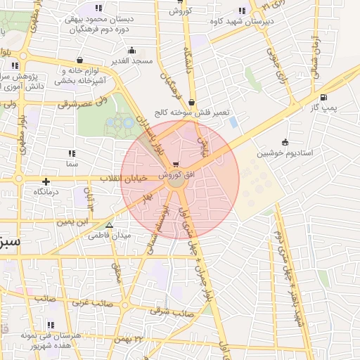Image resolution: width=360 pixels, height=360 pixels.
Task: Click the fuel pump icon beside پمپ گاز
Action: [323, 98]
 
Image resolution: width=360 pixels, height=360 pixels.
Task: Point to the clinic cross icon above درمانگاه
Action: [46, 181]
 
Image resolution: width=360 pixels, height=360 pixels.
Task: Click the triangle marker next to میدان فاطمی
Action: [108, 226]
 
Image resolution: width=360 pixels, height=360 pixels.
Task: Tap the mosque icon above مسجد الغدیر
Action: [131, 51]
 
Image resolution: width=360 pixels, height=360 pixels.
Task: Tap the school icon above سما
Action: [71, 153]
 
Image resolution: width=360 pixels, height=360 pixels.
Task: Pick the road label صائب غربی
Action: [89, 304]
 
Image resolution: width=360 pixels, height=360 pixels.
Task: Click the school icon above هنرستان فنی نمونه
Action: [50, 325]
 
